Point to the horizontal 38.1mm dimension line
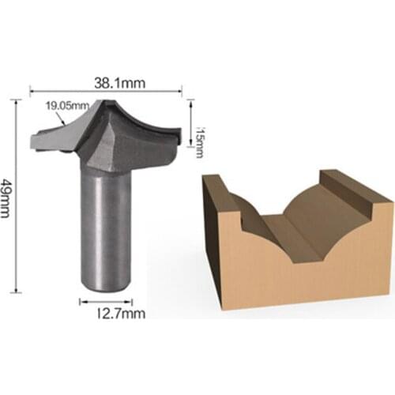point(107,91)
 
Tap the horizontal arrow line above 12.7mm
point(106,300)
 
